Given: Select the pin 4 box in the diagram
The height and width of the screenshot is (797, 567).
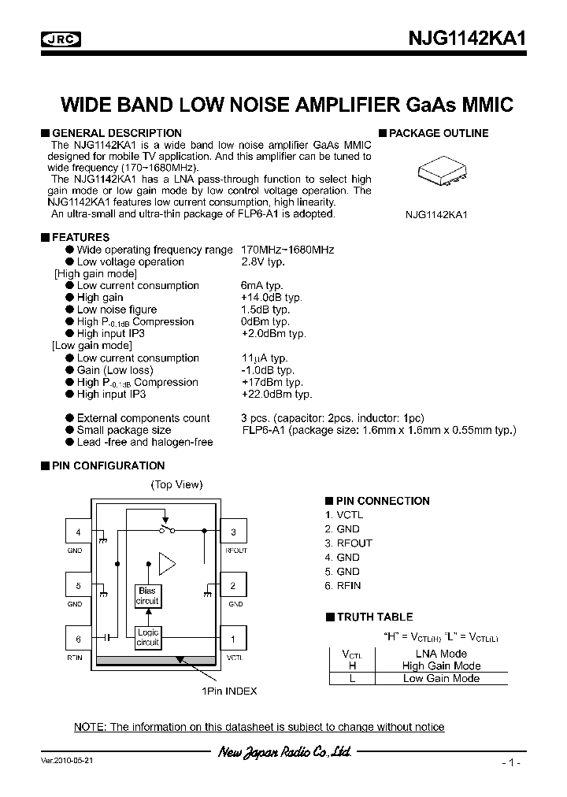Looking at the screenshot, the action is (x=78, y=533).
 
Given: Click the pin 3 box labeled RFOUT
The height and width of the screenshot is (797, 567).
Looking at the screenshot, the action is (x=234, y=533).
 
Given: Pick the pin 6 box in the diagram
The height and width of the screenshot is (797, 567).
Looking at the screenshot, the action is (x=78, y=639).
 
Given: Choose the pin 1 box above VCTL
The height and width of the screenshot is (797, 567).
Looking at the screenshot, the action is (x=234, y=639).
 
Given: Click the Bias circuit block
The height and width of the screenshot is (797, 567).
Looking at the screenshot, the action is (x=147, y=596).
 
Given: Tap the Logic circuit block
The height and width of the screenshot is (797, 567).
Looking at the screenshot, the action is (x=147, y=637).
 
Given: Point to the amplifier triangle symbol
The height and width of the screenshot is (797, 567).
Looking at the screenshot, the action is (x=167, y=563).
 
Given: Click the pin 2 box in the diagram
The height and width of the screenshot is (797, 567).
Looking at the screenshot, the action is (x=234, y=586).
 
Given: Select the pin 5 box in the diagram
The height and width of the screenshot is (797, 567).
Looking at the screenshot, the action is (x=78, y=586).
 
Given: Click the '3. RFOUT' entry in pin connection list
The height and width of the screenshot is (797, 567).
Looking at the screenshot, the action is (x=348, y=543).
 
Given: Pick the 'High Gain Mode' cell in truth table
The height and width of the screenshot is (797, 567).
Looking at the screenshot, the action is (x=441, y=666).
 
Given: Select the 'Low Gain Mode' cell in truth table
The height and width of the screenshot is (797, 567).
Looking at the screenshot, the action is (x=441, y=679).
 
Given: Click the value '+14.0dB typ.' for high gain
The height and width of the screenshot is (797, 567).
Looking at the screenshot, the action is (x=271, y=298).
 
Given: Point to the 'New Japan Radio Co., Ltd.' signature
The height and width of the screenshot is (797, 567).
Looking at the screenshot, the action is (x=283, y=752).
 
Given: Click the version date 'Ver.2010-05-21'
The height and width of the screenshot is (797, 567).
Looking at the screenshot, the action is (x=70, y=762).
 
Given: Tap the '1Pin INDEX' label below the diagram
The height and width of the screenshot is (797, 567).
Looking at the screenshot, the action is (x=228, y=691).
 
